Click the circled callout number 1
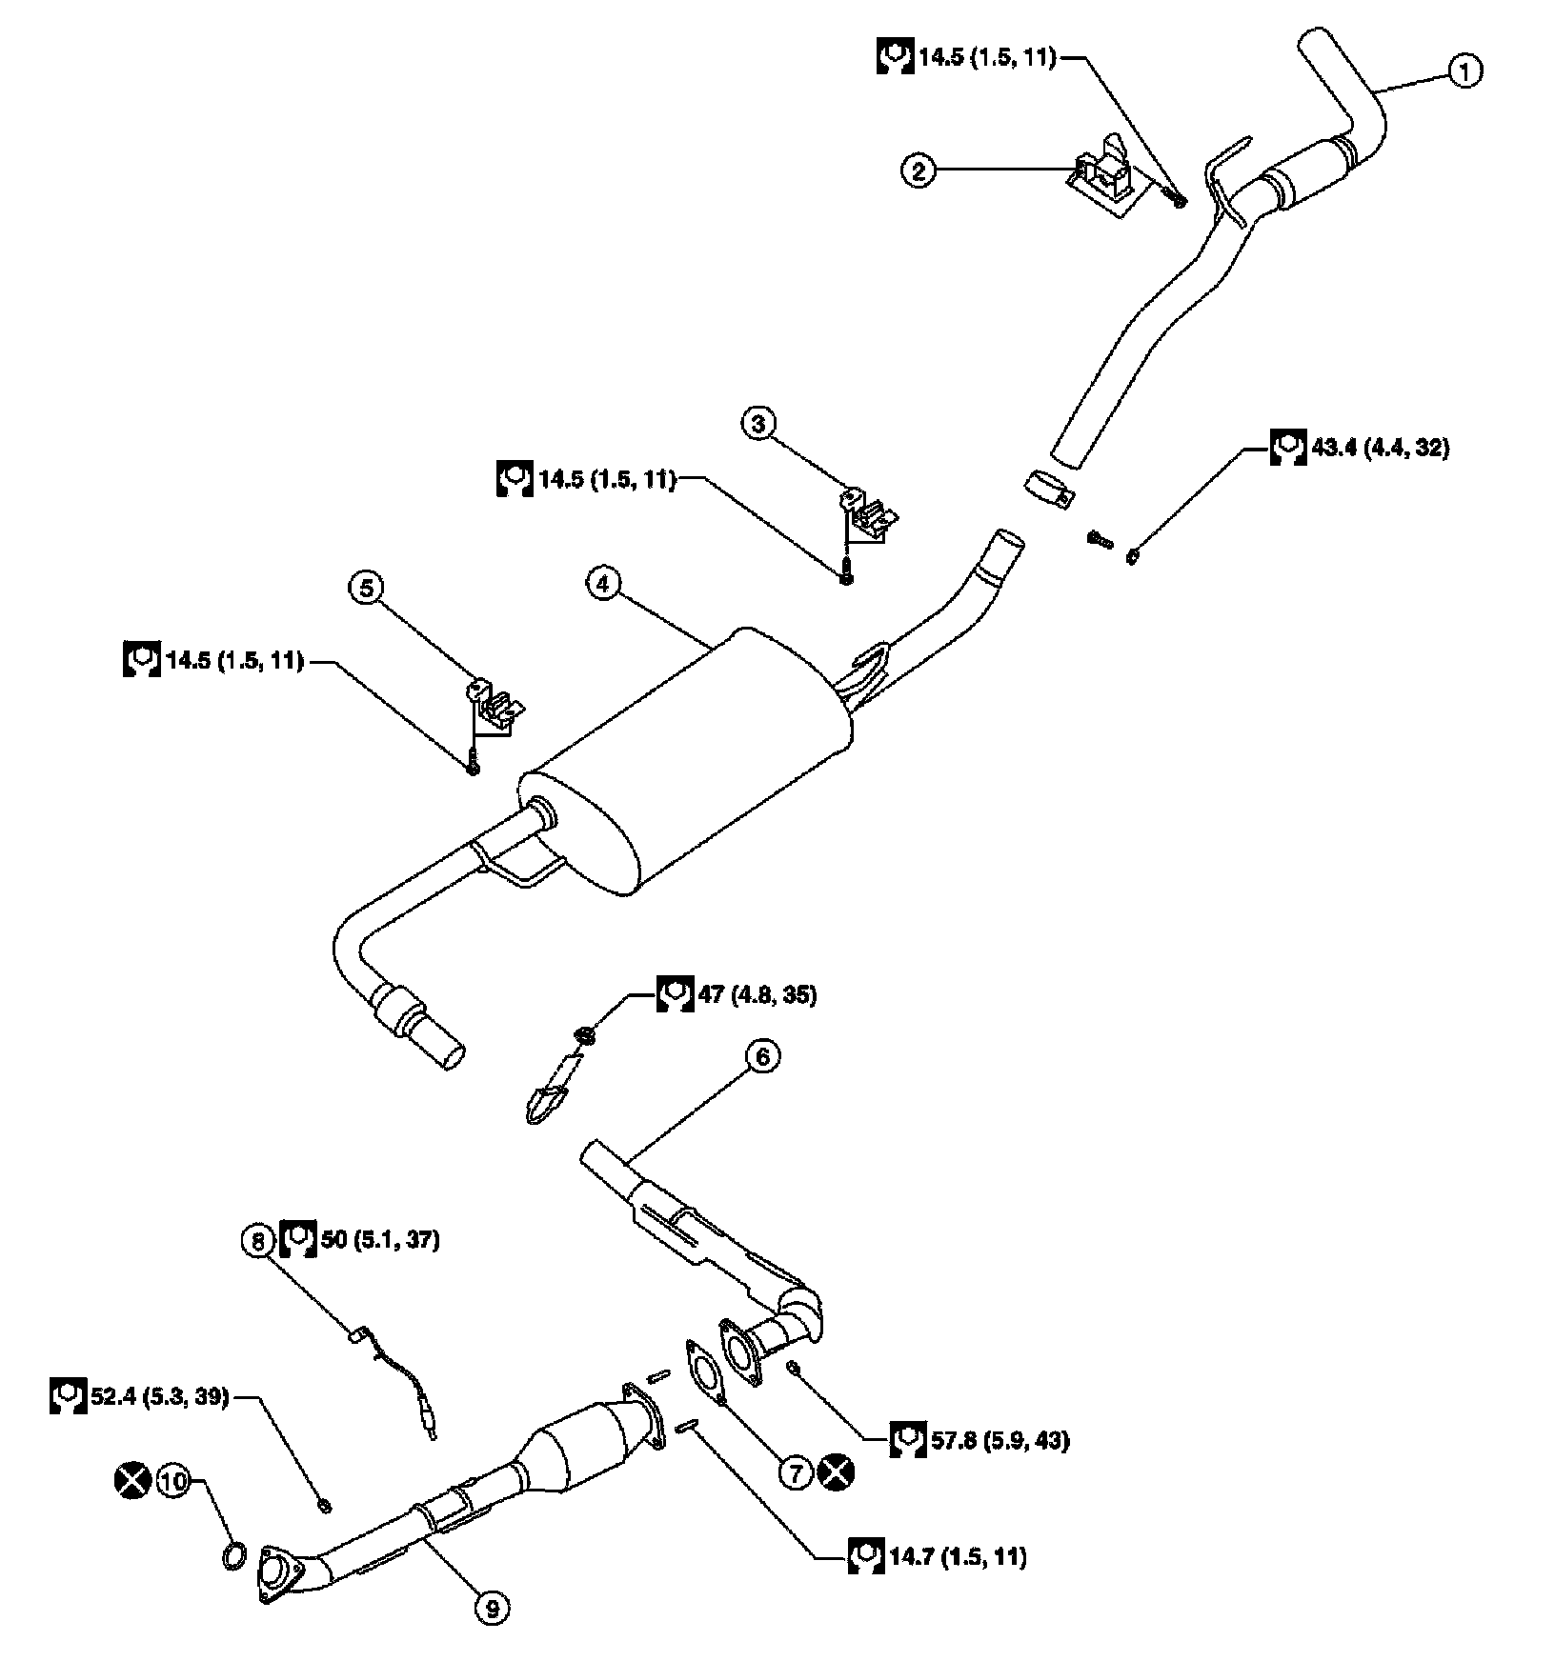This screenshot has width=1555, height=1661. (1465, 70)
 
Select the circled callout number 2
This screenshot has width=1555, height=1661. (919, 171)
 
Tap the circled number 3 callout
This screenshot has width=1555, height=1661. (759, 424)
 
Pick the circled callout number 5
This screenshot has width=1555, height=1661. (367, 588)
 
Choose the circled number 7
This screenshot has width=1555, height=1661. (797, 1472)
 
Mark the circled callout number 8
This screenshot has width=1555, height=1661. (256, 1240)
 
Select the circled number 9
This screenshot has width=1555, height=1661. (493, 1609)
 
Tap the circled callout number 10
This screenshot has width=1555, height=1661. (174, 1482)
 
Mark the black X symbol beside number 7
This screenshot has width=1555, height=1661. (838, 1472)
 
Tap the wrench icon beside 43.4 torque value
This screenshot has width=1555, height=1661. (1288, 447)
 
